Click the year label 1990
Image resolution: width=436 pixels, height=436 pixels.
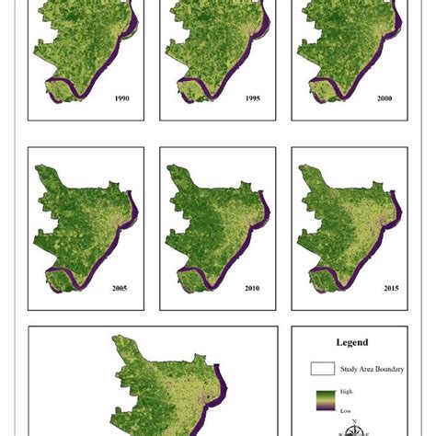[121, 97]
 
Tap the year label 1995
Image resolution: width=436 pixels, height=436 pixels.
[253, 97]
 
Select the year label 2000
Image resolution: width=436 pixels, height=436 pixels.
[385, 97]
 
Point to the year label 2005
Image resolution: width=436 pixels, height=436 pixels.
[120, 288]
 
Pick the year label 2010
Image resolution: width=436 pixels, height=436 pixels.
[251, 288]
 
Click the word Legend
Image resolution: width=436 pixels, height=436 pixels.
[351, 342]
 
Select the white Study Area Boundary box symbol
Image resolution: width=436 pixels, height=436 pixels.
[322, 369]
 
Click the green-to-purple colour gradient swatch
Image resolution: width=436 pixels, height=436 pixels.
[322, 399]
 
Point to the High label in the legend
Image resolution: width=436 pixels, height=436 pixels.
[346, 392]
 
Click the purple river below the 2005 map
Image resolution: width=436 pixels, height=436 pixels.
[69, 277]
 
